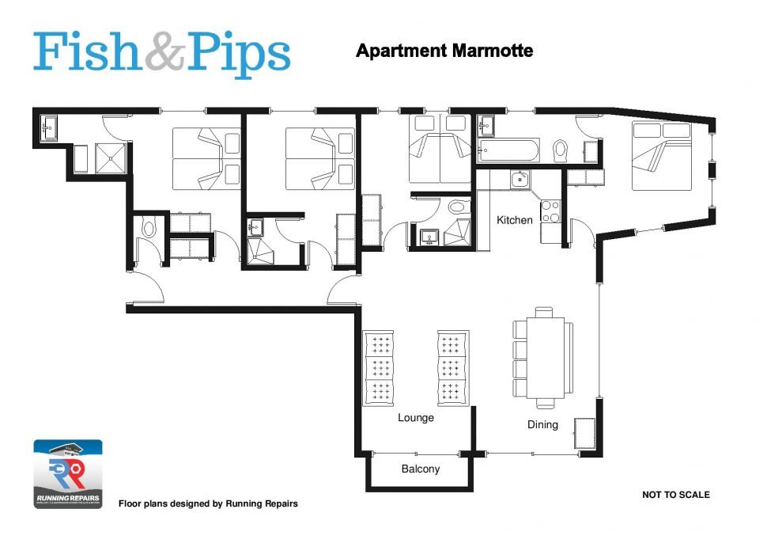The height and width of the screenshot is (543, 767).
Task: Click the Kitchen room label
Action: (514, 220)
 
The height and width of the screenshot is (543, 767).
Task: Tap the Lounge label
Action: (416, 417)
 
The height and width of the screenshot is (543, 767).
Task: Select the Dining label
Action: (542, 425)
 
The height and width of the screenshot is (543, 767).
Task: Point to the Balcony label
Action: (421, 469)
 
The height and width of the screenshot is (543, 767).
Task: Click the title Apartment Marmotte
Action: (444, 51)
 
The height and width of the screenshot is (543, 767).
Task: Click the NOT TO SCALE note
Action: (675, 495)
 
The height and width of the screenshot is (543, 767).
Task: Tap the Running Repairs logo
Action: (67, 474)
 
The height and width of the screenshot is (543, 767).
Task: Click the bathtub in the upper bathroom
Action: (509, 150)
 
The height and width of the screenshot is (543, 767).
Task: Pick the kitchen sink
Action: (519, 180)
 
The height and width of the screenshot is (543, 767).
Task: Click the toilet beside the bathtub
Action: (561, 150)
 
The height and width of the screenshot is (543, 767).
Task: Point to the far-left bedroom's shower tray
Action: (111, 158)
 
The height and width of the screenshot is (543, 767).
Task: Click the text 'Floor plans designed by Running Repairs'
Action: (208, 503)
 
